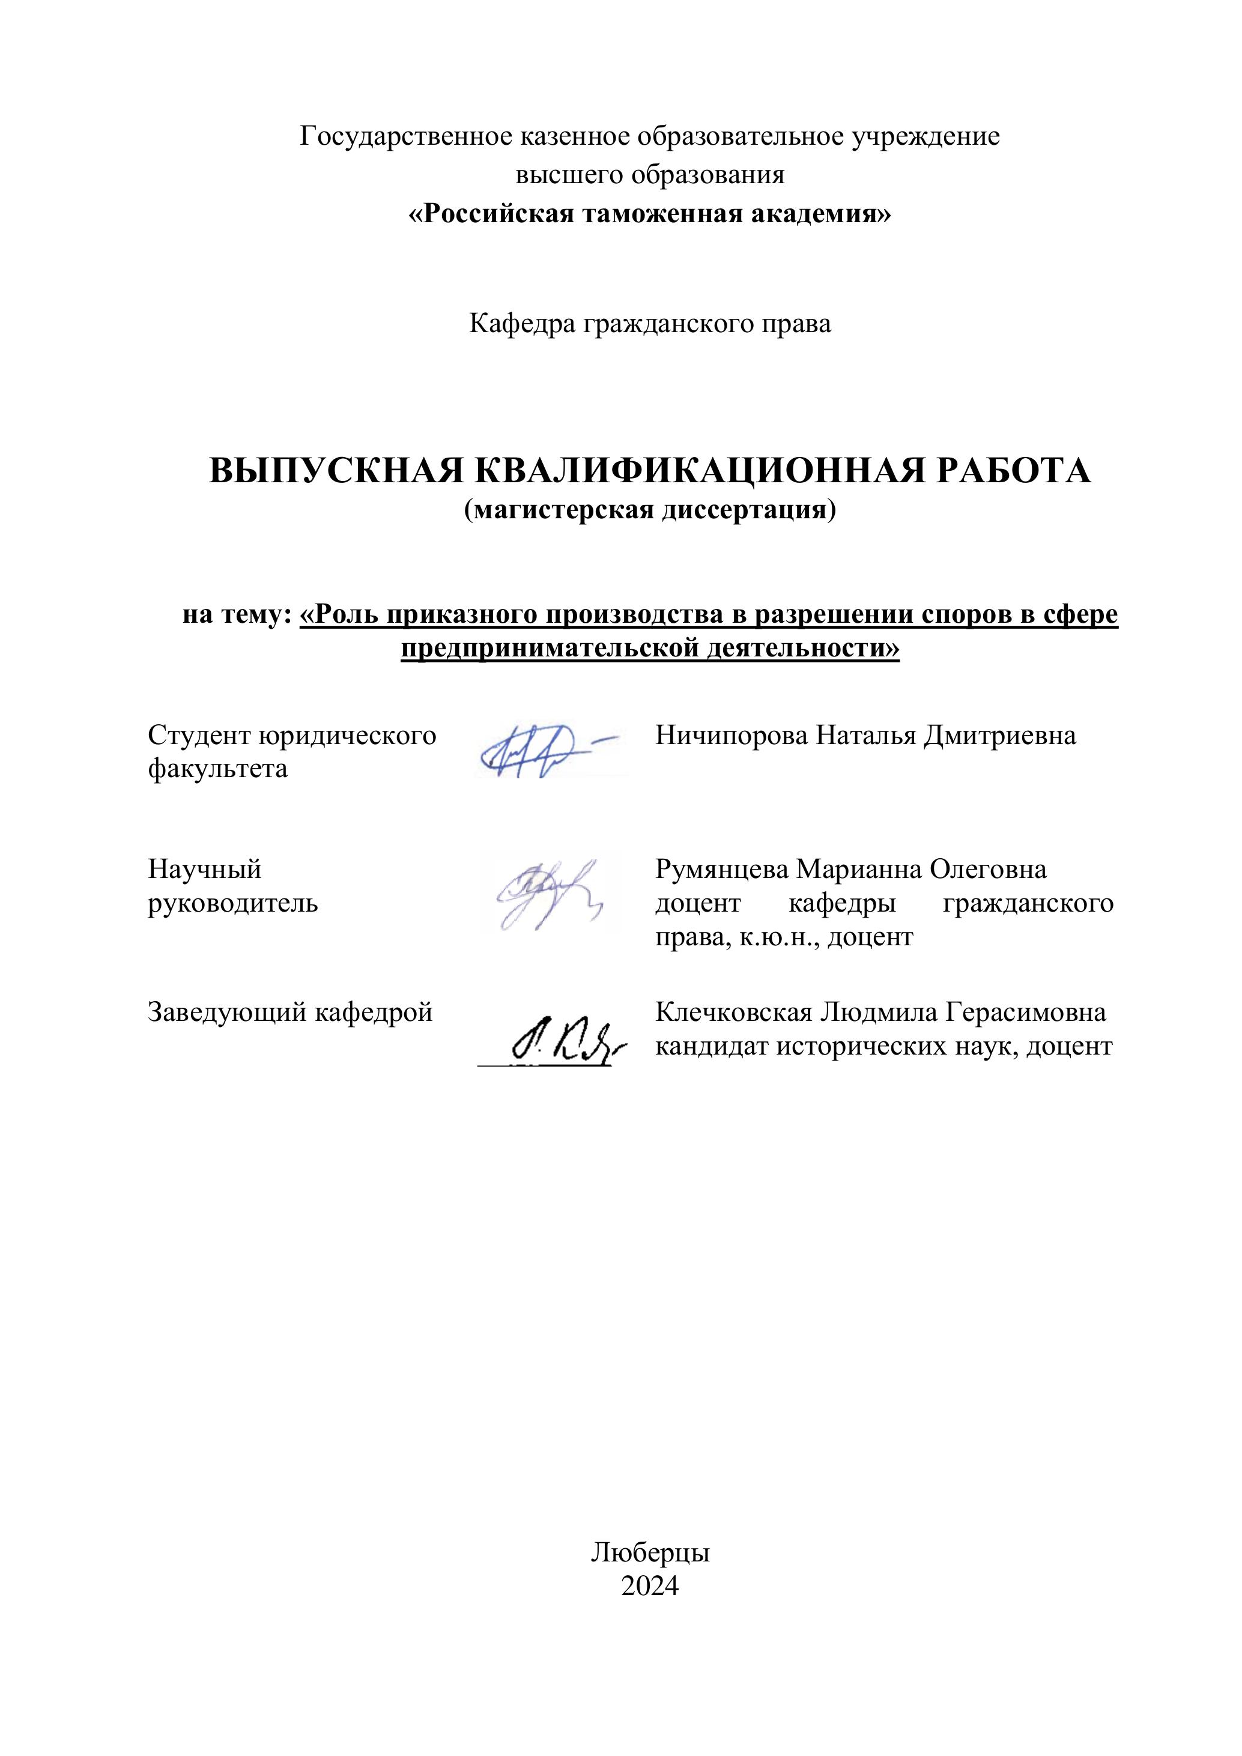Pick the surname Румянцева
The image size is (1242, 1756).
(721, 870)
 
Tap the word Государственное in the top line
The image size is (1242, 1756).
(405, 137)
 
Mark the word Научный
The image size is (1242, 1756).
(204, 870)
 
